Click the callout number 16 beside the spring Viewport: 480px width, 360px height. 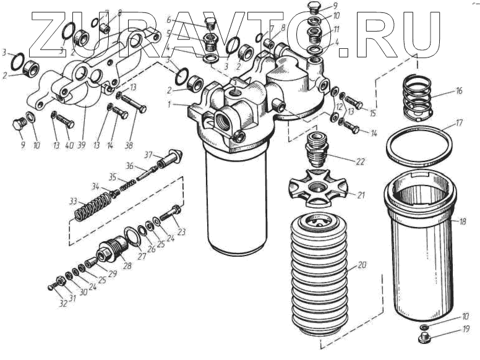(x=458, y=91)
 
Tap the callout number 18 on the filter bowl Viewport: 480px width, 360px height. (x=462, y=221)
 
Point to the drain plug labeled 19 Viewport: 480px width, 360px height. (x=424, y=338)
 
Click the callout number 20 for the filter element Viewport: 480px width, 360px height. (x=361, y=265)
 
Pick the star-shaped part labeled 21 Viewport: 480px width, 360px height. (x=319, y=187)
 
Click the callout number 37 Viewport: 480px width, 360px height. (x=149, y=155)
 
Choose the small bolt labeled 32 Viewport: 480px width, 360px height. (x=52, y=287)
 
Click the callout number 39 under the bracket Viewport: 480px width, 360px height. (x=81, y=145)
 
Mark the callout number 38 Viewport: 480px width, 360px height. (x=129, y=145)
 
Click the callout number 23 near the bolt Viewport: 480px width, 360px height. (x=181, y=232)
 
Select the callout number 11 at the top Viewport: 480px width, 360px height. (x=336, y=30)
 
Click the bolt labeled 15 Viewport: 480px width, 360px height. (x=354, y=102)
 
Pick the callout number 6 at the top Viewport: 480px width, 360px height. (x=169, y=20)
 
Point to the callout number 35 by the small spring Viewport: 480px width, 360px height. (x=113, y=178)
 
